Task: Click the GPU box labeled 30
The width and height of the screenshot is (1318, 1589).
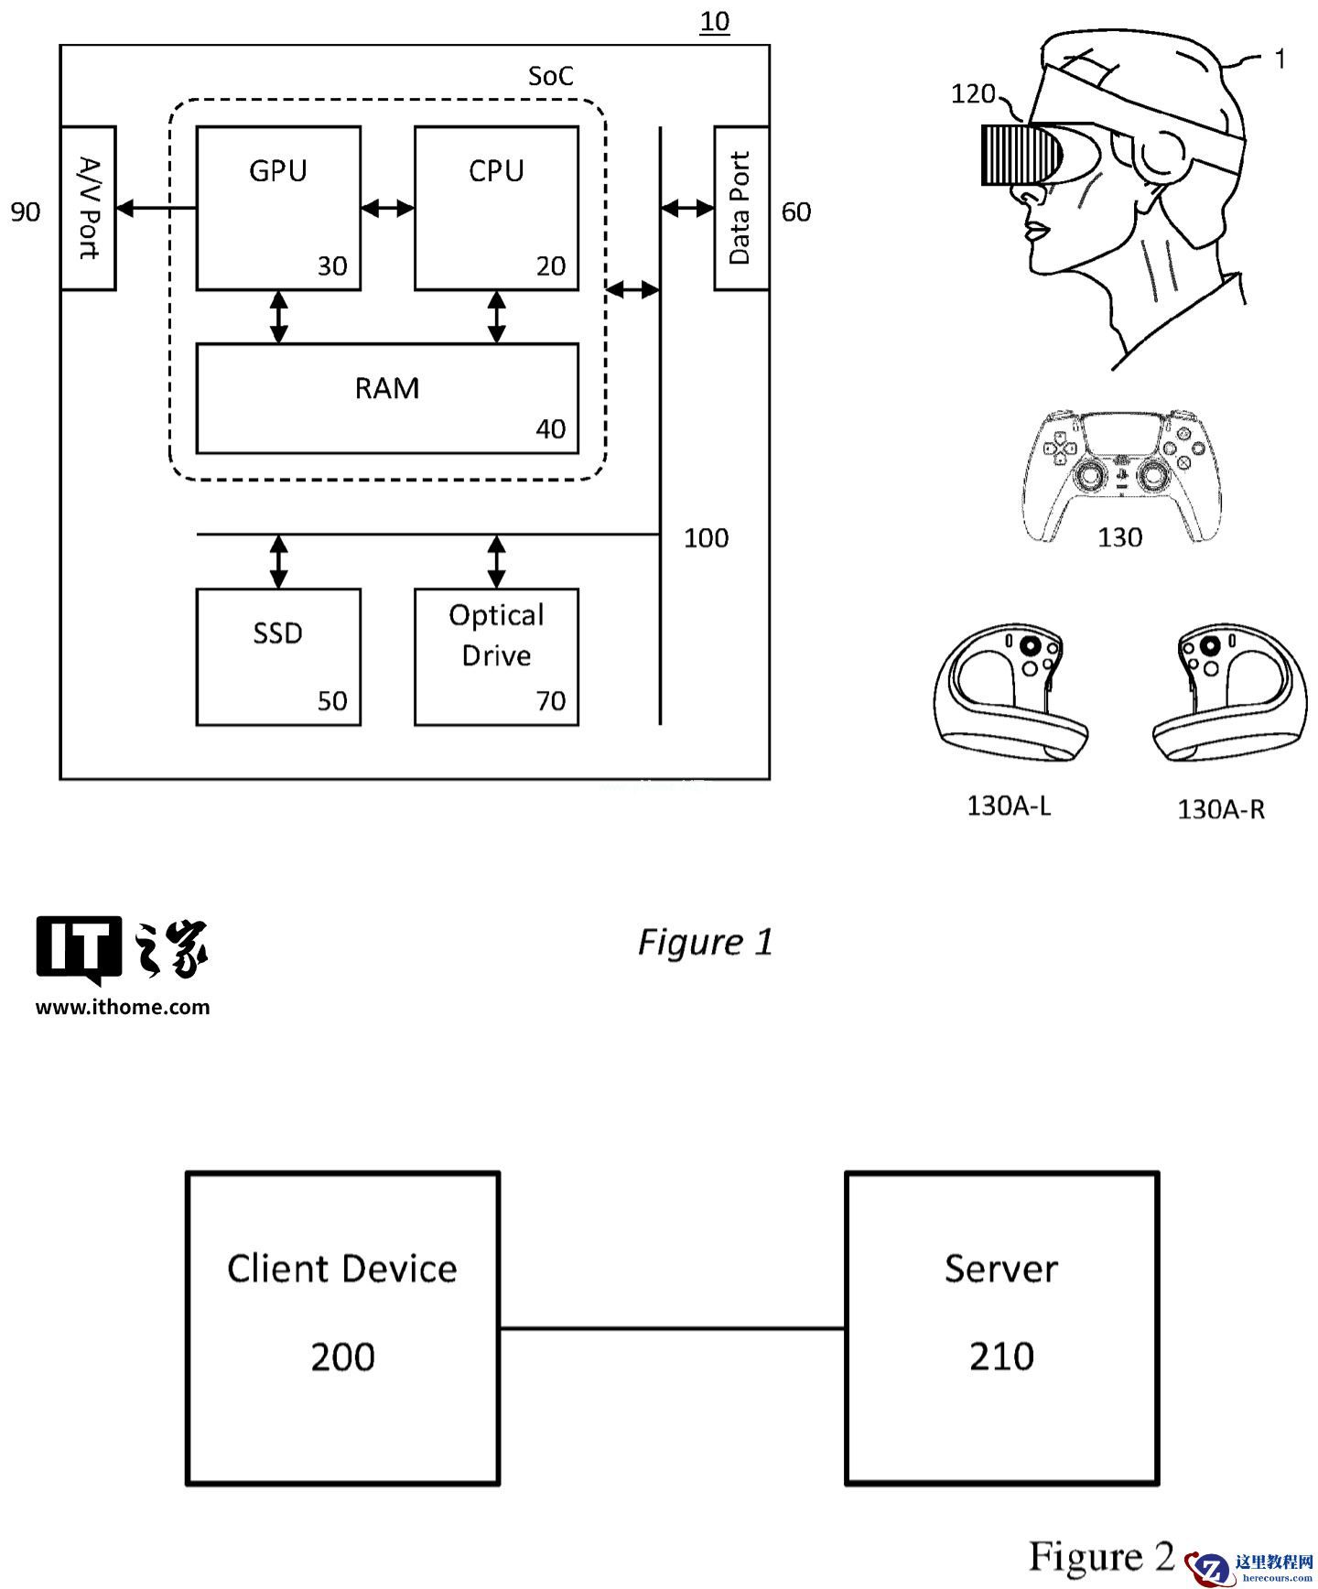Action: coord(278,208)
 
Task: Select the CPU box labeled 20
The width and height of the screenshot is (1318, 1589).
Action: coord(496,208)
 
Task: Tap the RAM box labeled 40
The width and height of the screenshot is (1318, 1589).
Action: coord(387,398)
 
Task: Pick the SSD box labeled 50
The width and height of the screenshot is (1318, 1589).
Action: coord(278,656)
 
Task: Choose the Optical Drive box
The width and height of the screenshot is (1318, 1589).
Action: coord(496,656)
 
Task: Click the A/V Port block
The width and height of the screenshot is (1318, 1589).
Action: coord(88,208)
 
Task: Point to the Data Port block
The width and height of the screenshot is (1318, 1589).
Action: coord(740,208)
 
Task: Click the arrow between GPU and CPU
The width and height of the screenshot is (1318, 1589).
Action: coord(387,209)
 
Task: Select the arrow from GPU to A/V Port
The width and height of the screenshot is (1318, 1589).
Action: coord(157,209)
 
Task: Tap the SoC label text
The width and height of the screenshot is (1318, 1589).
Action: coord(551,76)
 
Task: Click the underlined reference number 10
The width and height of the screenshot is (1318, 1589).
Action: coord(714,21)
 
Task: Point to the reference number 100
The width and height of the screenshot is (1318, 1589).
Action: coord(706,537)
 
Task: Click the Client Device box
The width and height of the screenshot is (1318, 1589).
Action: coord(342,1327)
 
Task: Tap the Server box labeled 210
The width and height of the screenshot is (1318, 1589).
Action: coord(1001,1327)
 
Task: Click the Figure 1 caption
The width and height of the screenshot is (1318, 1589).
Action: coord(705,942)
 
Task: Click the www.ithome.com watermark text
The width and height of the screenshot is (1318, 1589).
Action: coord(123,1007)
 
